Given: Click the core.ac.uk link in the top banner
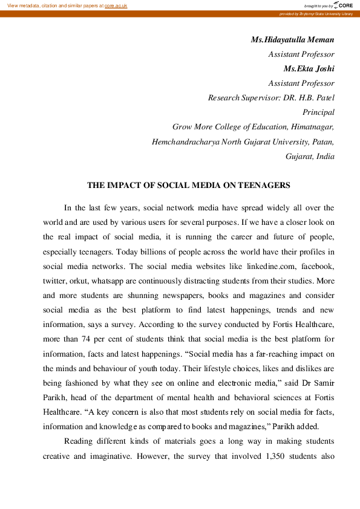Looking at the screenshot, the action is tap(117, 5).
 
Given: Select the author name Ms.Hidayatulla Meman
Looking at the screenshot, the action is tap(292, 40).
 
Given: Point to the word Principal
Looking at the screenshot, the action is tap(318, 112).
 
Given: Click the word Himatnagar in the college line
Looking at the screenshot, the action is tap(309, 127).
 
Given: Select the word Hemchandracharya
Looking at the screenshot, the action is tap(183, 141).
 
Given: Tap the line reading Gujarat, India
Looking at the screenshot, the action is tap(310, 156).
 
